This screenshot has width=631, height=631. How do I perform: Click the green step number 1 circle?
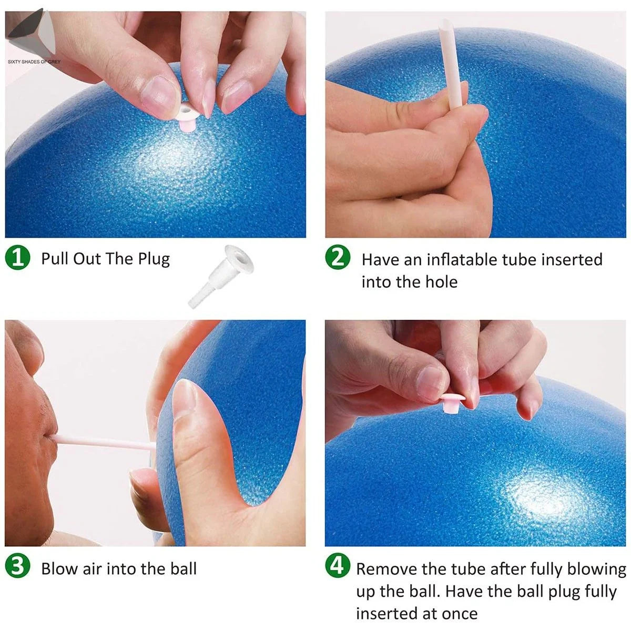click(x=17, y=258)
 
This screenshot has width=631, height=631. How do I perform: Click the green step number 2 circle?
click(x=337, y=258)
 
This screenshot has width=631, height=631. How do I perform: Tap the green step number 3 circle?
click(x=17, y=567)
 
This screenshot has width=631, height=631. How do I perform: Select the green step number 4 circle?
click(x=337, y=566)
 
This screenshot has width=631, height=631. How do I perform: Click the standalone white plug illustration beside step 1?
click(x=221, y=276)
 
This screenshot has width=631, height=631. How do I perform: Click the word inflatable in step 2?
click(x=461, y=260)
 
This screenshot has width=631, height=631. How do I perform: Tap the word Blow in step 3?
click(x=59, y=568)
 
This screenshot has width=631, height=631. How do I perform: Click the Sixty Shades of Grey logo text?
click(x=34, y=62)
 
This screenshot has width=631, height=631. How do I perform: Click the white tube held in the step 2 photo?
click(x=452, y=63)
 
